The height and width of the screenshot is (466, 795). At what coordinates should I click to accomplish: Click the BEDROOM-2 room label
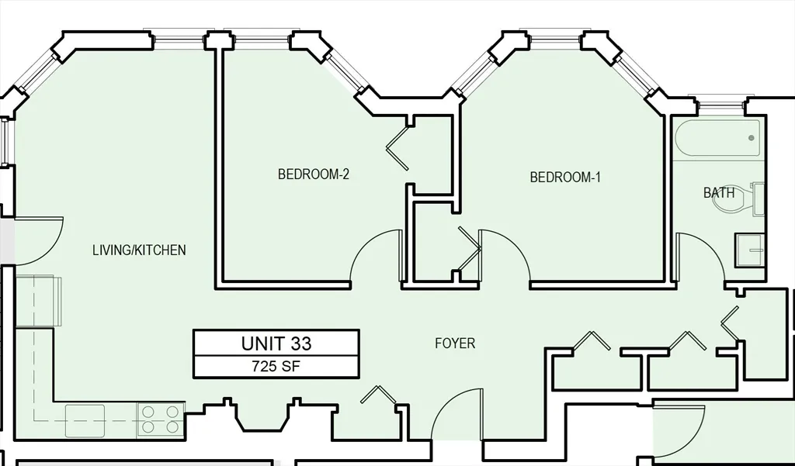314,174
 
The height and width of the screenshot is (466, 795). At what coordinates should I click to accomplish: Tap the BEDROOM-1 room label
565,177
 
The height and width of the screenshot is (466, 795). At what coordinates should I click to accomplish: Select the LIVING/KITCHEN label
139,250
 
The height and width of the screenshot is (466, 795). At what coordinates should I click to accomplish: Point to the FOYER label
455,343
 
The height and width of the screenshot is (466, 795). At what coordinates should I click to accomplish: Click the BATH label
719,192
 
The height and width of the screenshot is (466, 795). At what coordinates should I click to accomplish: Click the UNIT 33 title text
276,343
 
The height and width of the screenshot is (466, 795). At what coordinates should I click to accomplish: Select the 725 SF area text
276,367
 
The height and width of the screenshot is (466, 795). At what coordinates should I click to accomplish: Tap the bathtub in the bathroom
718,140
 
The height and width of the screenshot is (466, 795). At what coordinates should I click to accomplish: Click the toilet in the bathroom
753,199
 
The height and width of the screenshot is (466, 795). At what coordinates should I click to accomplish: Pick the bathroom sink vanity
751,250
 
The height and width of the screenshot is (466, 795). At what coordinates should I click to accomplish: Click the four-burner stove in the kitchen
161,419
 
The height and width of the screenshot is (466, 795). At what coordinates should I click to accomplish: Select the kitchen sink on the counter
85,419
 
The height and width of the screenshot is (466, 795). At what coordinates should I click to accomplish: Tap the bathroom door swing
700,256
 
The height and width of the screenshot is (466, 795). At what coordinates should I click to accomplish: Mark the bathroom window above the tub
718,102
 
